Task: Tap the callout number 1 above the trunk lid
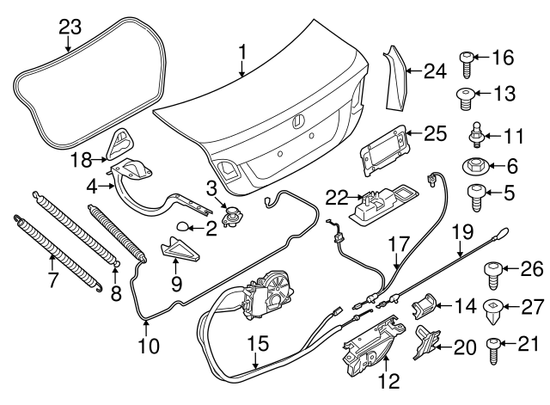(243, 52)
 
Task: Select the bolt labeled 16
(464, 62)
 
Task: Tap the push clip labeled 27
(496, 306)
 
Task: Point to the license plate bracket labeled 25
(382, 149)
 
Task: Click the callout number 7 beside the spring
(52, 280)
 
